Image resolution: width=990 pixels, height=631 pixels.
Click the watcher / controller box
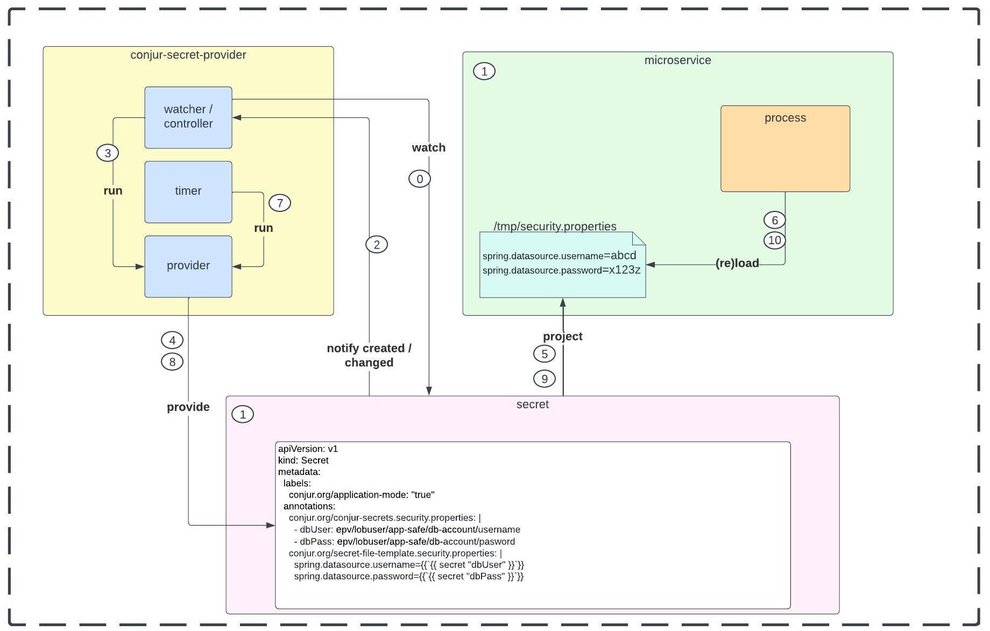click(188, 117)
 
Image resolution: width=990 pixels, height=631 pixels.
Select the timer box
click(188, 192)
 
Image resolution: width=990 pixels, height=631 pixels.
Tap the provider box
click(188, 266)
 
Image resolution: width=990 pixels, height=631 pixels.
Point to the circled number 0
click(420, 179)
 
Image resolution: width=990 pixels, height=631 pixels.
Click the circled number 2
click(377, 245)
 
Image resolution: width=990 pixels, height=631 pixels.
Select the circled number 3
click(108, 153)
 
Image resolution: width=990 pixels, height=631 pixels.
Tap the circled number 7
click(280, 203)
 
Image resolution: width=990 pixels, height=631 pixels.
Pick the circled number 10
click(775, 240)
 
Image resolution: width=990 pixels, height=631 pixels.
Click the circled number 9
click(544, 379)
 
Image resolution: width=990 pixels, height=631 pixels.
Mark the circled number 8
click(172, 361)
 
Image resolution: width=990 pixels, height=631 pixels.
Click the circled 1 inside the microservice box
click(484, 71)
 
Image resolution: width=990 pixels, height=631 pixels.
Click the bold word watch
click(428, 147)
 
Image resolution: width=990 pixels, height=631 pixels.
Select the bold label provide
click(188, 407)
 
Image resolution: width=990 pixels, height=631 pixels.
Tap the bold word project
click(563, 336)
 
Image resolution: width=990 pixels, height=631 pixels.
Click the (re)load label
click(737, 263)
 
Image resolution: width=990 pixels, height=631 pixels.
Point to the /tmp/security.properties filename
click(555, 226)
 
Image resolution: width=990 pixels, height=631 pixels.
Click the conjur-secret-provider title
click(188, 55)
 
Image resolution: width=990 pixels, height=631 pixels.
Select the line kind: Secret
click(303, 460)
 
